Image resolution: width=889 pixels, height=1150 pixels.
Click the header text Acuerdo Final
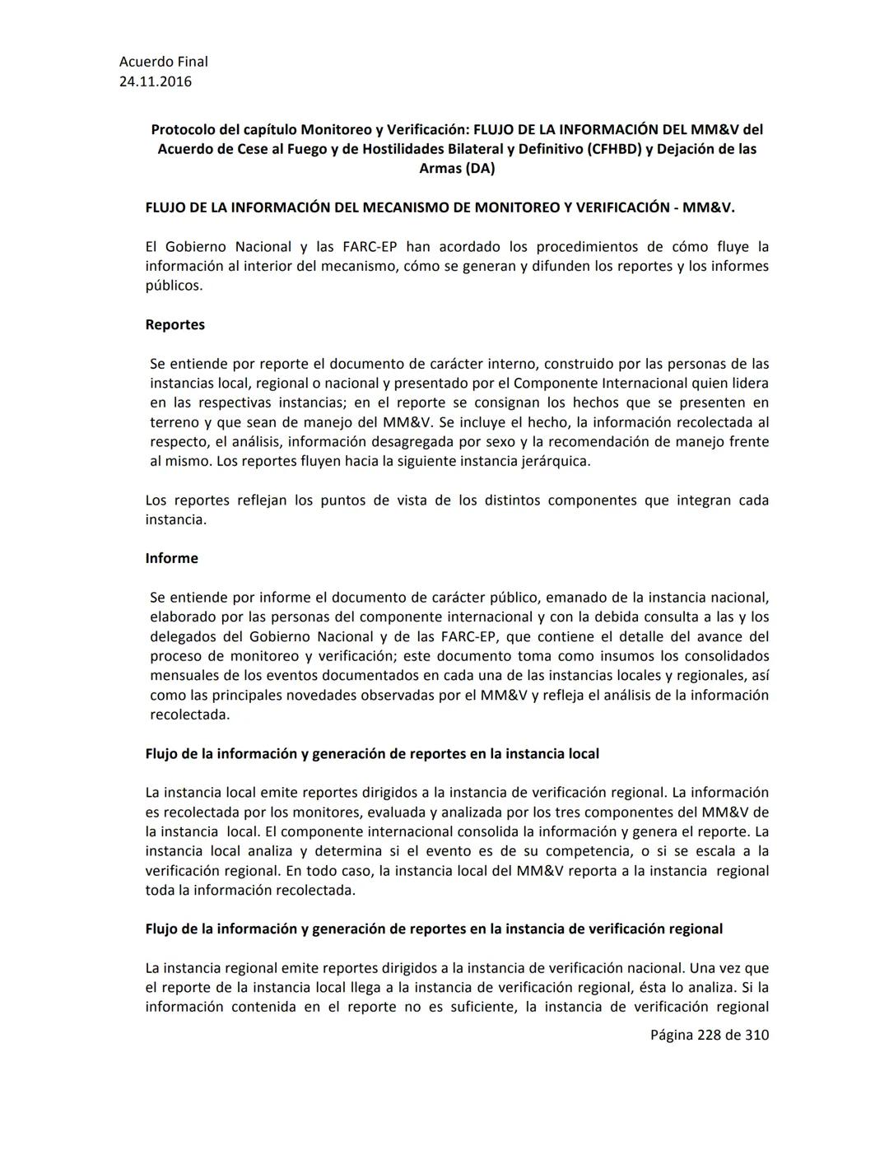coord(163,62)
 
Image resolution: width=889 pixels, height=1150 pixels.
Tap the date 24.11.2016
coord(156,81)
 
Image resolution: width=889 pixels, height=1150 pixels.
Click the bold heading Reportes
coord(175,324)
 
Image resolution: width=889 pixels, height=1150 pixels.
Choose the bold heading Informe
coord(171,558)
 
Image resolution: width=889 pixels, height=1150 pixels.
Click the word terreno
coord(175,422)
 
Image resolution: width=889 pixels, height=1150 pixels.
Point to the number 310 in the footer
coord(756,1035)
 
